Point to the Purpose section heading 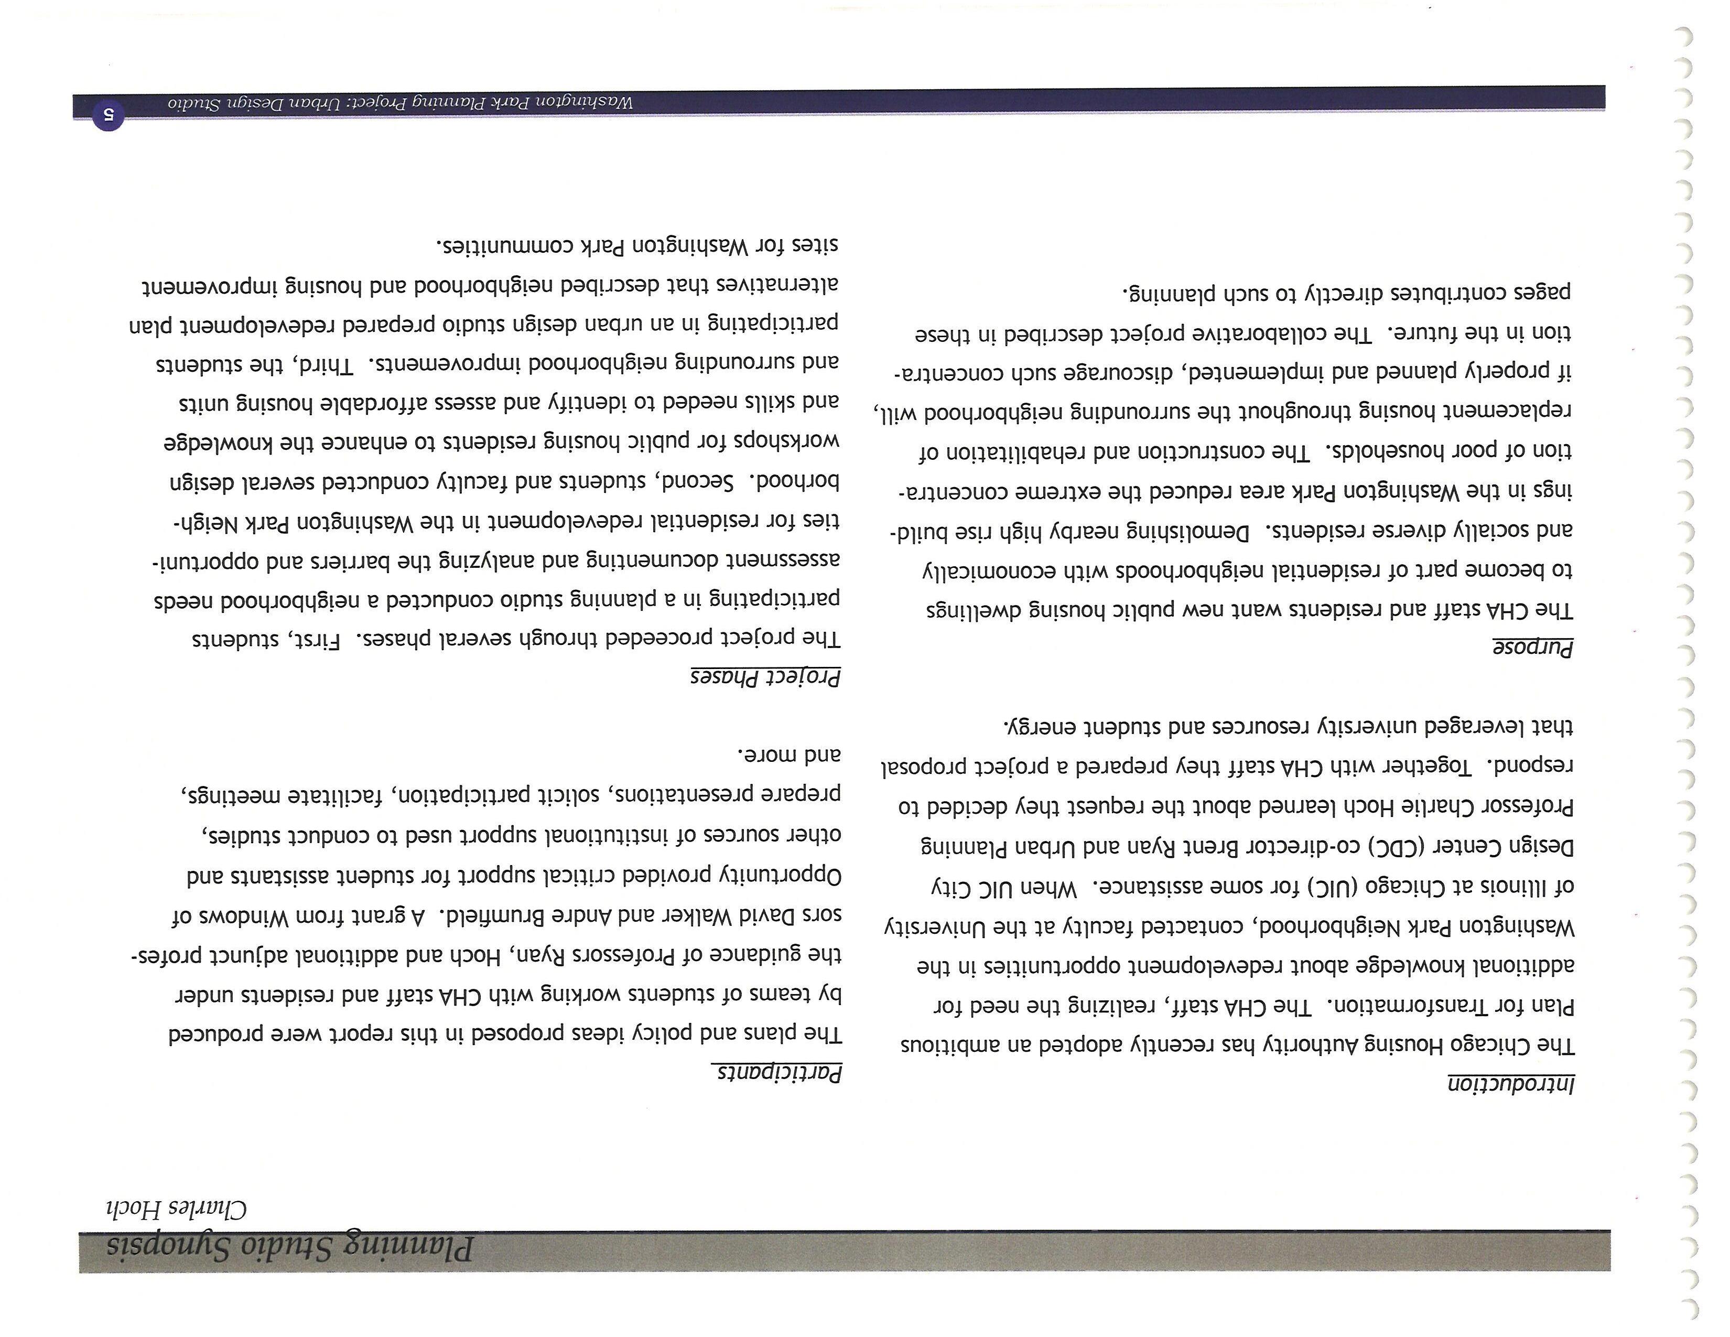pos(1533,648)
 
